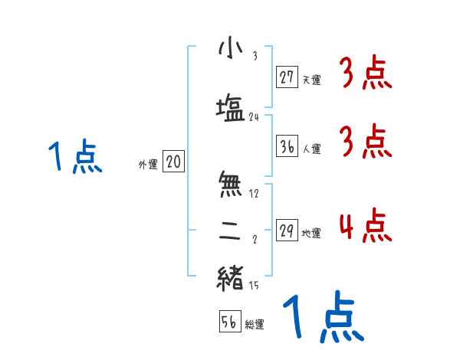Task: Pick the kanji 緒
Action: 230,277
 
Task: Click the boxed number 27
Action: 287,77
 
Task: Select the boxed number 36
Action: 287,146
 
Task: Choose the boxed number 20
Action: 173,162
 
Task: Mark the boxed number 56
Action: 229,322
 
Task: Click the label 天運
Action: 311,79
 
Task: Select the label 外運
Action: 147,164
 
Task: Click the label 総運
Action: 255,325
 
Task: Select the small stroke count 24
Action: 255,117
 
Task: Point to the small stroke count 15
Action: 255,286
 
